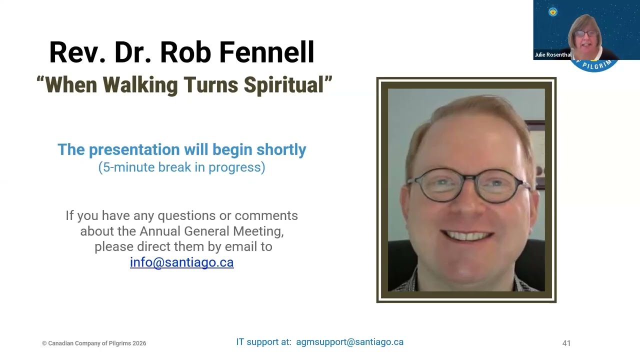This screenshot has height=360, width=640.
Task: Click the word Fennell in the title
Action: tap(267, 52)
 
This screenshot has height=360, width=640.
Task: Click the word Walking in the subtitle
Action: tap(140, 85)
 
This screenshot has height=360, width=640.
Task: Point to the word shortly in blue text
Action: tap(281, 149)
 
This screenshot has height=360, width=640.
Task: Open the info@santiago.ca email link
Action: tap(181, 262)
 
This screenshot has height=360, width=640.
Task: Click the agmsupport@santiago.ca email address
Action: tap(349, 342)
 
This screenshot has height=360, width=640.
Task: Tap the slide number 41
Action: tap(566, 343)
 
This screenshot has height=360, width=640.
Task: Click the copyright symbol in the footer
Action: tap(44, 343)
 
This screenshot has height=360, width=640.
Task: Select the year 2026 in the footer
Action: tap(139, 343)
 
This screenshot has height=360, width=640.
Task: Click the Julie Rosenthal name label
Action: tap(553, 54)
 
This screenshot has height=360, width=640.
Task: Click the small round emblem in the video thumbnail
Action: tap(553, 11)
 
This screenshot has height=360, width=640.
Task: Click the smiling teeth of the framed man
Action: tap(467, 235)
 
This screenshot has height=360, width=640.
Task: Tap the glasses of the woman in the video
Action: tap(586, 33)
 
